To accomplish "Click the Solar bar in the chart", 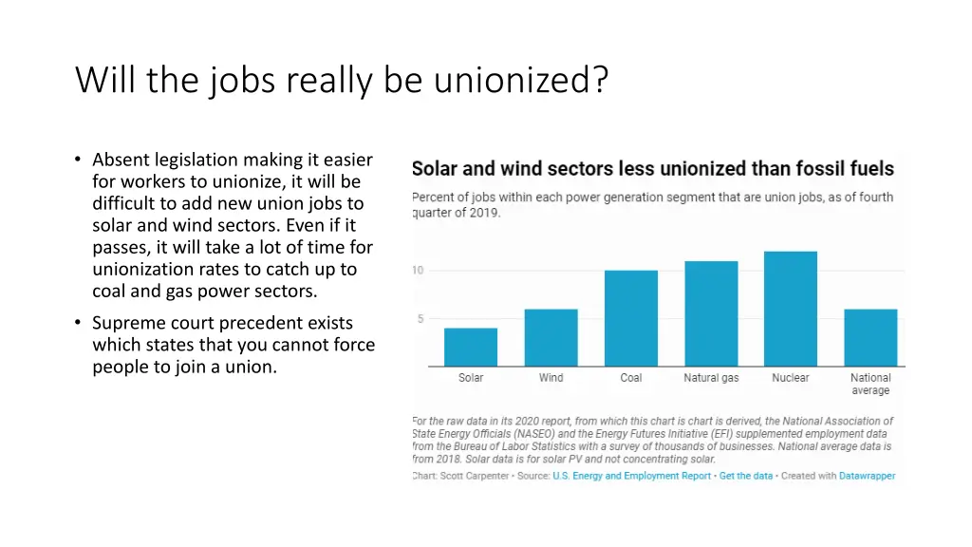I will tap(471, 348).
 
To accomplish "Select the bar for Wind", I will tap(551, 338).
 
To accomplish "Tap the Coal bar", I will tap(631, 319).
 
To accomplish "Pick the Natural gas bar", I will tap(711, 314).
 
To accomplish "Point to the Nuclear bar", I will tap(791, 310).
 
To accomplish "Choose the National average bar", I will tap(870, 338).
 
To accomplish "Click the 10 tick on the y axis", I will tap(418, 271).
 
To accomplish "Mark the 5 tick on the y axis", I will tap(419, 319).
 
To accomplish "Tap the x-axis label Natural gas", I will tap(711, 378).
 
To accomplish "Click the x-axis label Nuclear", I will tap(791, 378).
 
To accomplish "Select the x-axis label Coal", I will tap(631, 378).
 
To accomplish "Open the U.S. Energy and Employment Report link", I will tap(631, 476).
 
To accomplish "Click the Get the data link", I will tap(746, 476).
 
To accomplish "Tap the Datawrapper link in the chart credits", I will tap(867, 476).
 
